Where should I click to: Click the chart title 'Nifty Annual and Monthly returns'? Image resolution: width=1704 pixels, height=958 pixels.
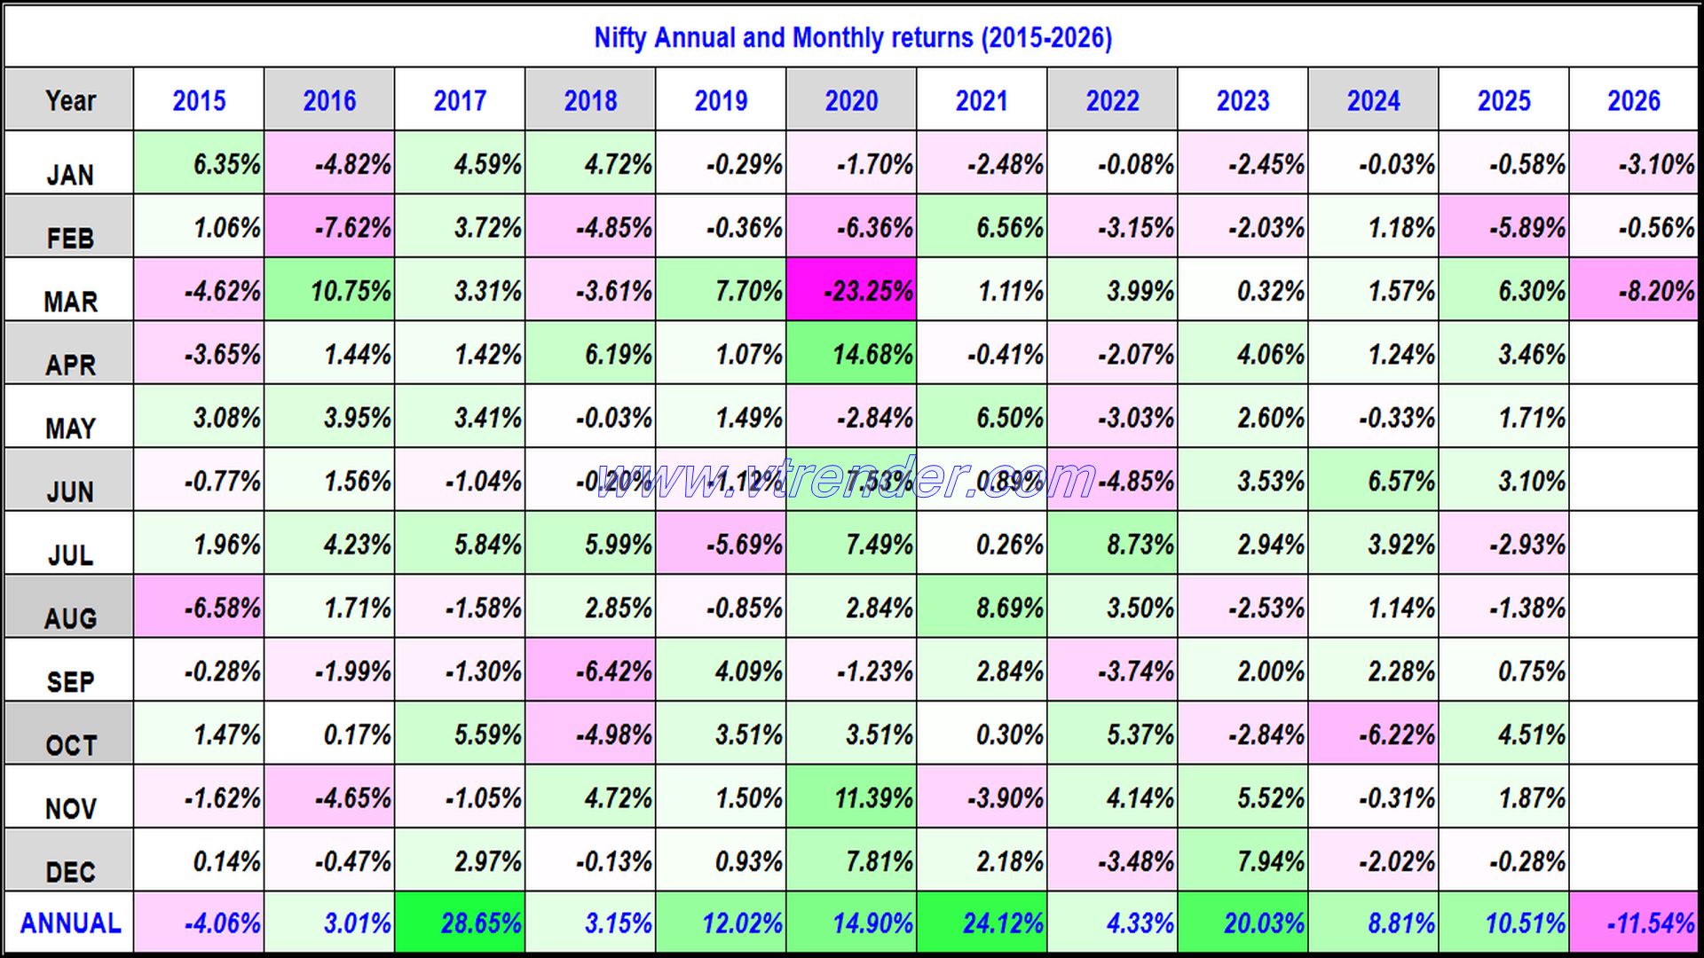coord(852,38)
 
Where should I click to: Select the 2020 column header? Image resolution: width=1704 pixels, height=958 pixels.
coord(851,100)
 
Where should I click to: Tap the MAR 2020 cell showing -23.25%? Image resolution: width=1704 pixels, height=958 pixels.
coord(851,290)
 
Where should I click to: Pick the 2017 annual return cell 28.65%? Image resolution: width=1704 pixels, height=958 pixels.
coord(460,923)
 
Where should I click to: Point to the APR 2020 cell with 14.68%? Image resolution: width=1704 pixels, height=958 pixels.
coord(851,354)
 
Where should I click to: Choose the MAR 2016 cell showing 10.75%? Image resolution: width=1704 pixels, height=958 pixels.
coord(329,290)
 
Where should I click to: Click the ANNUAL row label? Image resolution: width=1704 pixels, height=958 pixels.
coord(69,923)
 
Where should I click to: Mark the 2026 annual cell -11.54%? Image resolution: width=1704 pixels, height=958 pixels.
coord(1634,923)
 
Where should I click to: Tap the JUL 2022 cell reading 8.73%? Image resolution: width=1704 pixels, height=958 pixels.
coord(1112,544)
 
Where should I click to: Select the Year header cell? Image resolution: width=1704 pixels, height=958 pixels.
coord(69,100)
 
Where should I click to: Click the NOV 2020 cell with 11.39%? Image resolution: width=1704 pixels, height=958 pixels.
coord(851,797)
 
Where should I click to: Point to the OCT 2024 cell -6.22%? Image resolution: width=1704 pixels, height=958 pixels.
coord(1373,734)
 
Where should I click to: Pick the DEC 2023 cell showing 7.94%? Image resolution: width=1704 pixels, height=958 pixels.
coord(1242,860)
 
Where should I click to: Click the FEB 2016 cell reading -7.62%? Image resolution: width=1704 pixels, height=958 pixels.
coord(329,227)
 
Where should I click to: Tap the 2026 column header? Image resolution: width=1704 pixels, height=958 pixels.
coord(1634,100)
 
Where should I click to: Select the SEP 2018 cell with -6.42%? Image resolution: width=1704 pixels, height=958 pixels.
coord(590,671)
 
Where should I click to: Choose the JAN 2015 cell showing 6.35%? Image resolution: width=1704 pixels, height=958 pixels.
coord(199,164)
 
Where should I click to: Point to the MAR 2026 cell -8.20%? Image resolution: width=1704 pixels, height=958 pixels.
coord(1634,290)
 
